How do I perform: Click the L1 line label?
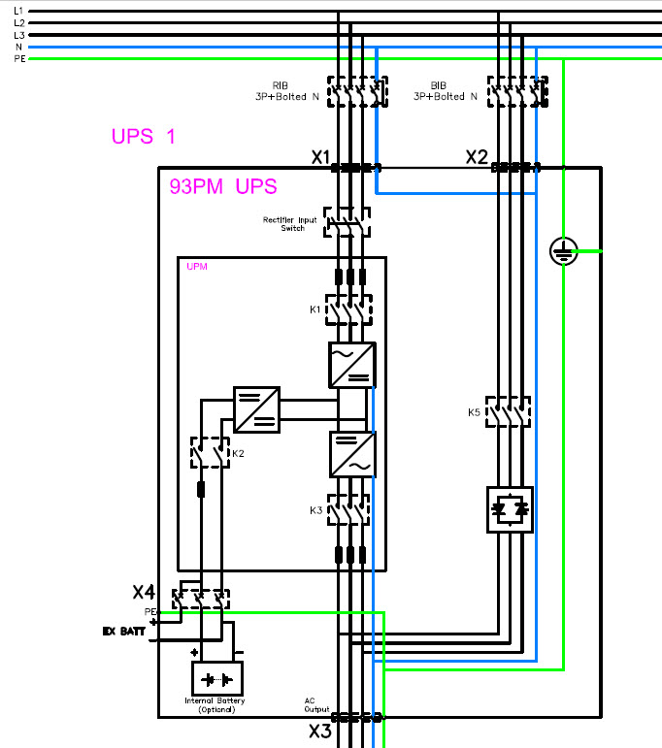coord(18,11)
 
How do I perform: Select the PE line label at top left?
coord(19,58)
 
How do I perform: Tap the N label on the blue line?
coord(18,47)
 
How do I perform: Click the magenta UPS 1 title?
coord(144,137)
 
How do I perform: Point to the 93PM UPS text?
coord(223,186)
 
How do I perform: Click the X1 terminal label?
coord(320,157)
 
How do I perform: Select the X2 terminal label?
coord(477,157)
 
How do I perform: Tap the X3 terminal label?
coord(319,731)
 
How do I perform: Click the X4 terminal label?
coord(144,592)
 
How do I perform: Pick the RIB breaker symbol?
coord(357,91)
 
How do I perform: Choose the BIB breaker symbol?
coord(517,91)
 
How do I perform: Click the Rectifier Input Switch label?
coord(289,224)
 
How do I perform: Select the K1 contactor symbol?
coord(348,310)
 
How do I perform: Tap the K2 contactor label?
coord(238,453)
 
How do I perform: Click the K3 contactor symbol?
coord(348,510)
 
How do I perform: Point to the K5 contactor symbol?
coord(508,411)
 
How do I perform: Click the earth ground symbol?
coord(564,251)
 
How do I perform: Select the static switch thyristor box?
coord(510,509)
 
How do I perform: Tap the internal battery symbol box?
coord(217,678)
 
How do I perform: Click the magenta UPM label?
coord(197,266)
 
